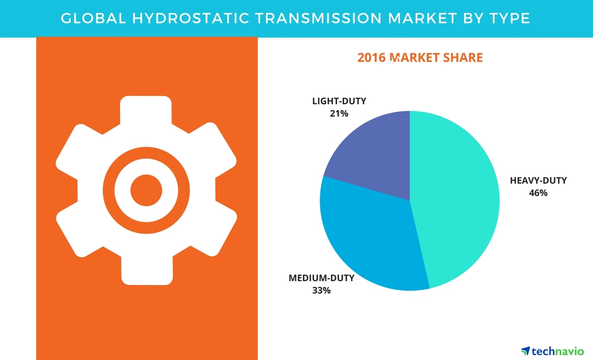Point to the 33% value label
pyautogui.click(x=321, y=290)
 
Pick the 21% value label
pyautogui.click(x=339, y=113)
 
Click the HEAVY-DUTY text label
pyautogui.click(x=538, y=180)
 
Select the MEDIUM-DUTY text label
pyautogui.click(x=321, y=278)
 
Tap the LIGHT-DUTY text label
pyautogui.click(x=339, y=101)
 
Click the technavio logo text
pyautogui.click(x=558, y=351)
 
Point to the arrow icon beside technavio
pyautogui.click(x=525, y=351)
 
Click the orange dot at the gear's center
pyautogui.click(x=146, y=190)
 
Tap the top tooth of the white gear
pyautogui.click(x=146, y=110)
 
